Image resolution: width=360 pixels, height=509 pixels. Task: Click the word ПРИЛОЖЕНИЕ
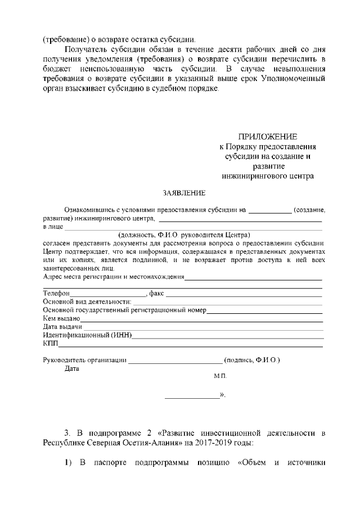(x=267, y=137)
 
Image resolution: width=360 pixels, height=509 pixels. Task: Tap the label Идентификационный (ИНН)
(x=87, y=335)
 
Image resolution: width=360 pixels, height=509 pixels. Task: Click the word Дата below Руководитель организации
(x=72, y=369)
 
